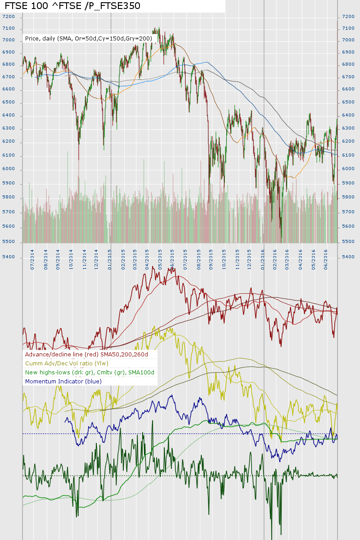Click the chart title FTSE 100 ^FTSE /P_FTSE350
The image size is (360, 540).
coord(72,6)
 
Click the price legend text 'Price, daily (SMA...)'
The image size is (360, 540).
coord(89,39)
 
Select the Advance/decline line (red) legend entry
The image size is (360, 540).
coord(87,355)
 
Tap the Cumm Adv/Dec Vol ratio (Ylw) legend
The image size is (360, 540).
coord(67,363)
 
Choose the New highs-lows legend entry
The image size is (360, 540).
coord(90,372)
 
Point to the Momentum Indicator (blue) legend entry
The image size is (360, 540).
coord(63,381)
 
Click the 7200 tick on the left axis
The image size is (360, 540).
coord(9,17)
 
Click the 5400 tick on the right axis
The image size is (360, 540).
coord(348,257)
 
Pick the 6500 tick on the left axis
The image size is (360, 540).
coord(9,103)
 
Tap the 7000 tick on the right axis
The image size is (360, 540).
coord(348,40)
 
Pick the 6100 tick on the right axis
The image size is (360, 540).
coord(348,156)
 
